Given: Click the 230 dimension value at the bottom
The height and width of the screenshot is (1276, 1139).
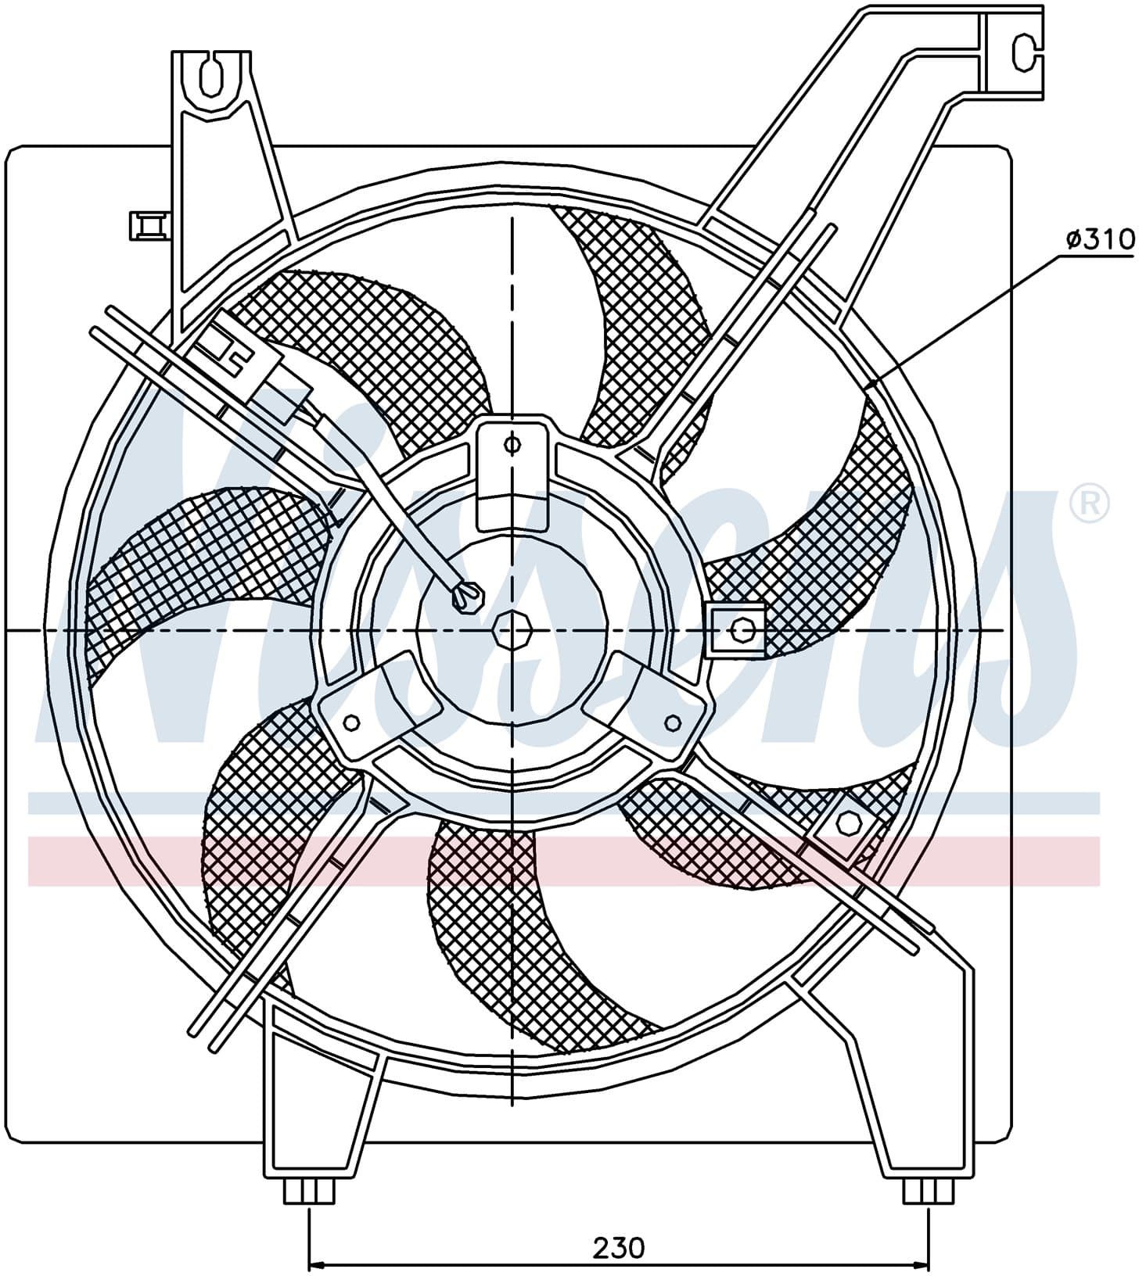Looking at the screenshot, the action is point(618,1247).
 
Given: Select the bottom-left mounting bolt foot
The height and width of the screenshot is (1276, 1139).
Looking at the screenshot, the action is point(309,1213).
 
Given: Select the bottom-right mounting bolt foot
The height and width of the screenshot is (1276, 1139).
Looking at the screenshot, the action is point(929,1213).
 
